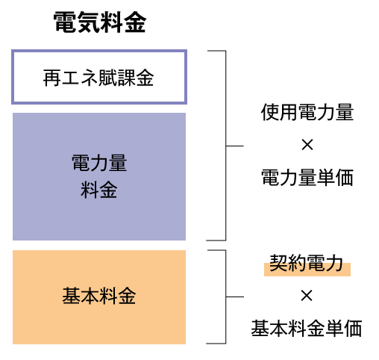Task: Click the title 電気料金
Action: click(100, 22)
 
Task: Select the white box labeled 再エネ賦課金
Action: click(99, 77)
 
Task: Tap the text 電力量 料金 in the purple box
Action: click(99, 176)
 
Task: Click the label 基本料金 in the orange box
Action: click(99, 296)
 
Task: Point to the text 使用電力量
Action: click(307, 112)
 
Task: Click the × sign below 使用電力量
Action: click(307, 145)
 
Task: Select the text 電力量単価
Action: click(307, 177)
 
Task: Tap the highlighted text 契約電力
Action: click(307, 263)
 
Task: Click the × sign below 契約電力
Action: click(307, 296)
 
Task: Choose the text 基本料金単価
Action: click(307, 329)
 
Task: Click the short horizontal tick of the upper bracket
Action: click(235, 146)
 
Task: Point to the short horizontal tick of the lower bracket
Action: click(235, 297)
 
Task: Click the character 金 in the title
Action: click(135, 22)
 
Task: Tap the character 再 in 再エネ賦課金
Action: click(52, 78)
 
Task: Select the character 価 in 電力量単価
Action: click(345, 177)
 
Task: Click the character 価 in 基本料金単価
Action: click(353, 329)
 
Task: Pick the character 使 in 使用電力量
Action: click(270, 112)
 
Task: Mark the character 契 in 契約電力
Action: click(279, 263)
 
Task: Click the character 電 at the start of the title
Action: click(65, 22)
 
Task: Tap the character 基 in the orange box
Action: click(72, 296)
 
